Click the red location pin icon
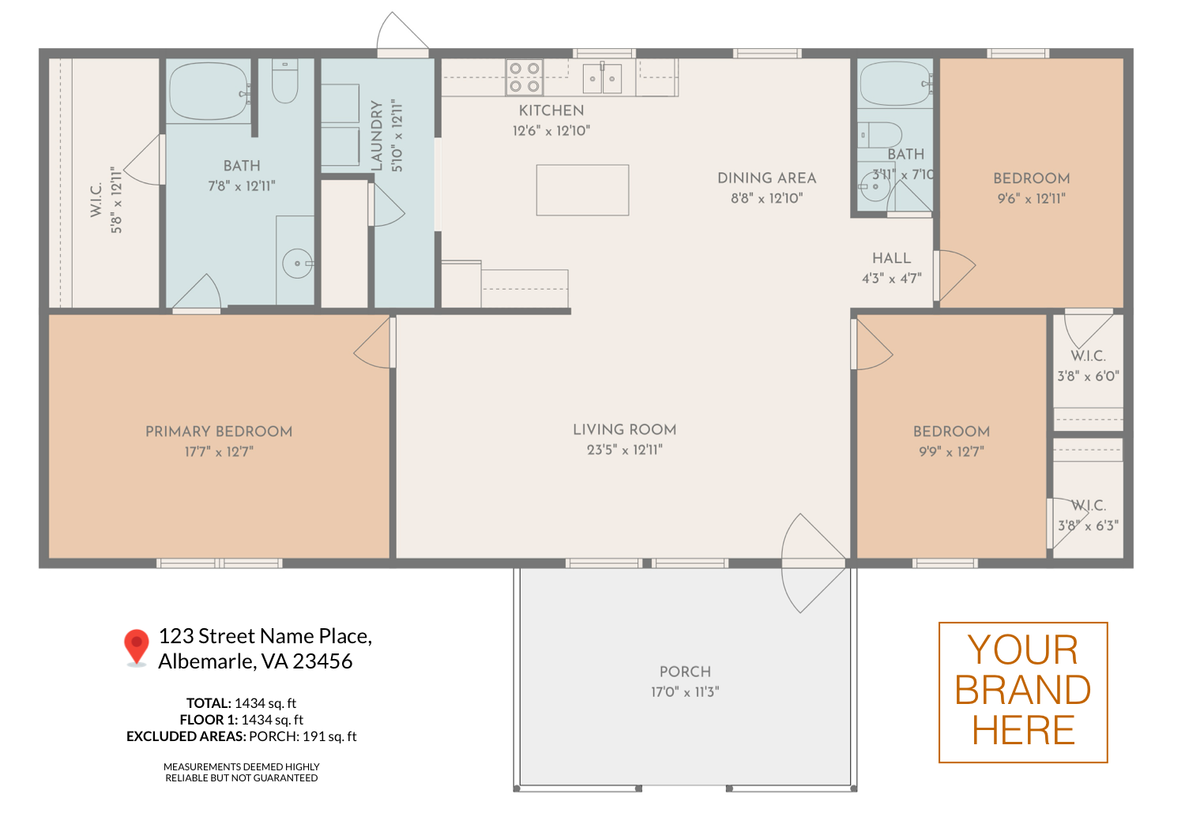[137, 646]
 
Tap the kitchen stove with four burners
[525, 77]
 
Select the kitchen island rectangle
[582, 190]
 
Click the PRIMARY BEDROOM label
[219, 432]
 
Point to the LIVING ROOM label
[625, 429]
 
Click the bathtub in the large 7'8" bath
[209, 92]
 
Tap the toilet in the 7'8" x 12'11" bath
[285, 81]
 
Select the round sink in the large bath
[297, 263]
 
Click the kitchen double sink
[602, 78]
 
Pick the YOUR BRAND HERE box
[1023, 692]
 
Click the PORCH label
[685, 672]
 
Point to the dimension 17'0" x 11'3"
[685, 692]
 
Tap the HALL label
[891, 258]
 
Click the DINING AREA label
[766, 178]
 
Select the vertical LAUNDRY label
[376, 136]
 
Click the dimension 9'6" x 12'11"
[1032, 199]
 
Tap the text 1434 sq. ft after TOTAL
[265, 703]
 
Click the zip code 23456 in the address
[322, 661]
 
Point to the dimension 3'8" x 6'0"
[1088, 376]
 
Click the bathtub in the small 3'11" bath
[896, 84]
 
